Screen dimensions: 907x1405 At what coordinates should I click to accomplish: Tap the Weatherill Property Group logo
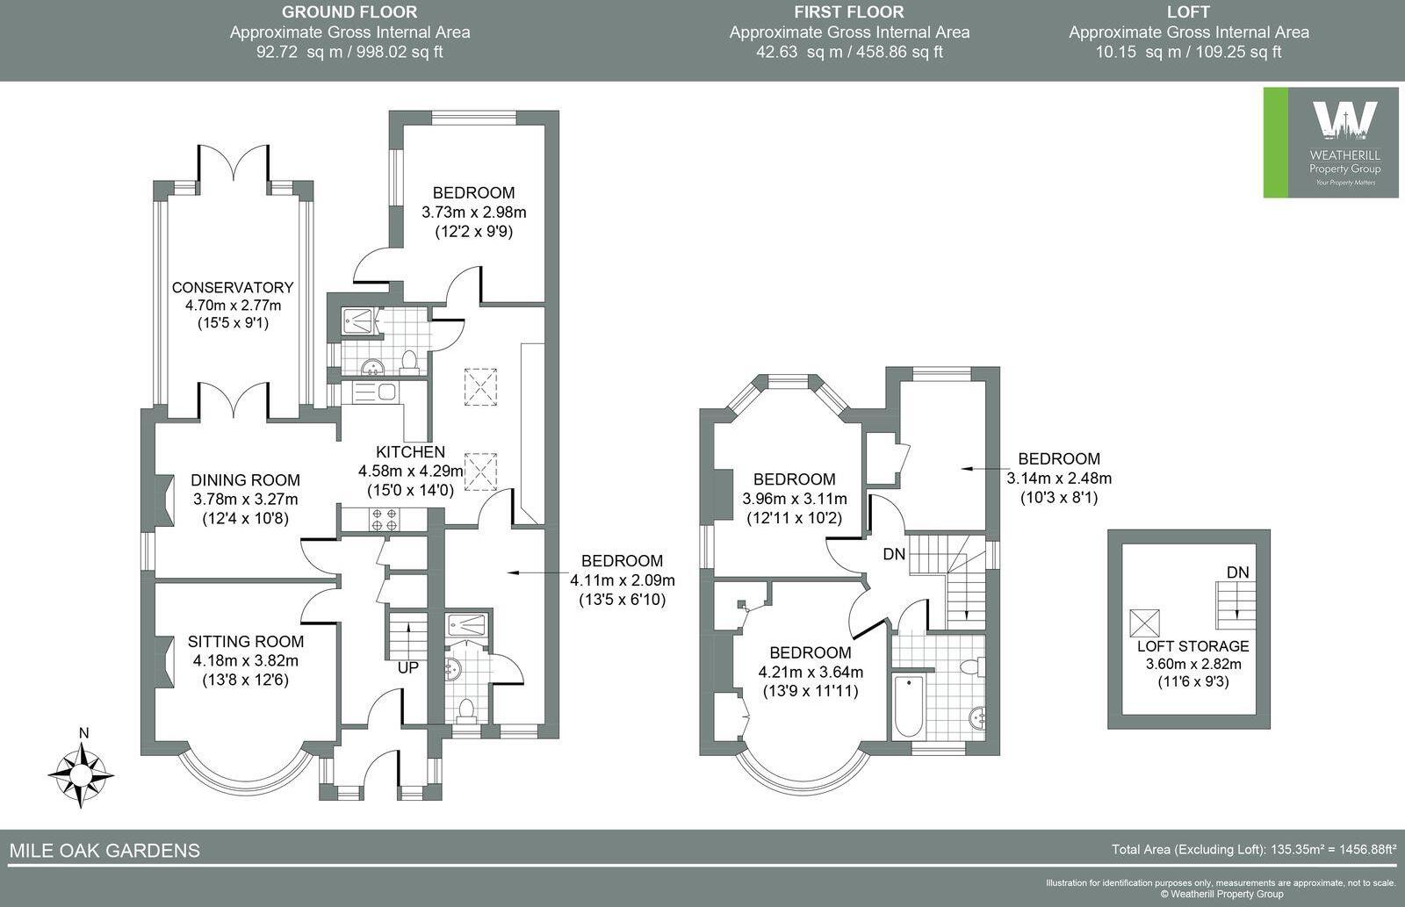point(1330,142)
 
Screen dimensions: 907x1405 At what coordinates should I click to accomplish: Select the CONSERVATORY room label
point(232,287)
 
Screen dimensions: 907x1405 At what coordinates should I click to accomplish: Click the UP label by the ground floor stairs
point(408,667)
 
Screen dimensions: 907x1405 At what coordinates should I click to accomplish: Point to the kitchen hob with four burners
point(384,519)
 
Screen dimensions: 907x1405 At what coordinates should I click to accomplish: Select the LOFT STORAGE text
point(1192,645)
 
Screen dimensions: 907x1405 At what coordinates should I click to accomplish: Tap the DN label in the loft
point(1237,572)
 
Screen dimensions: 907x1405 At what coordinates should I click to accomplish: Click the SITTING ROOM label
point(245,642)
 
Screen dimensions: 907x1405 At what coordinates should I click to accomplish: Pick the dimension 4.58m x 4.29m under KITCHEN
point(410,471)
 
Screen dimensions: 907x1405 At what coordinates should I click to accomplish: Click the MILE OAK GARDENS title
point(104,850)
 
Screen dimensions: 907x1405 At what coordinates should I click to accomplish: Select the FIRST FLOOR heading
point(848,12)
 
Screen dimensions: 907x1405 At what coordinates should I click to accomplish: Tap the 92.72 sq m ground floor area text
point(349,52)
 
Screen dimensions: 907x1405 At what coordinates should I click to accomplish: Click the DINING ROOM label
point(245,480)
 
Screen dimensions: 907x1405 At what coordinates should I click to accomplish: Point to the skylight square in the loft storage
point(1145,623)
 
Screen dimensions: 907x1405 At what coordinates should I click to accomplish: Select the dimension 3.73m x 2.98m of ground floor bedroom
point(473,212)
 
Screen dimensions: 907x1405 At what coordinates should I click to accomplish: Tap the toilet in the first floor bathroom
point(969,668)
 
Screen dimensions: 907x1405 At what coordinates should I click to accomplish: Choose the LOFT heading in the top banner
point(1188,12)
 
